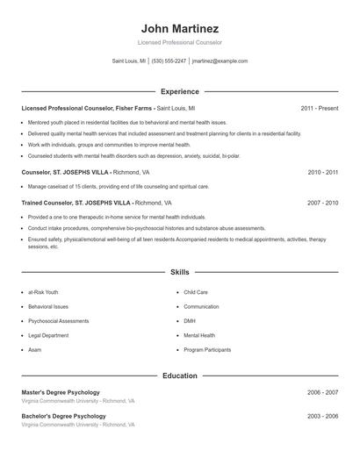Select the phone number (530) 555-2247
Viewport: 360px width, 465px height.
pyautogui.click(x=169, y=61)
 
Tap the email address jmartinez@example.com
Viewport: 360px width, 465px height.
pyautogui.click(x=220, y=61)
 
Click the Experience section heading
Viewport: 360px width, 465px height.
pyautogui.click(x=180, y=91)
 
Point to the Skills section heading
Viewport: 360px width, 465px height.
pyautogui.click(x=180, y=272)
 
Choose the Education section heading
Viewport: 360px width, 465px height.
pyautogui.click(x=180, y=376)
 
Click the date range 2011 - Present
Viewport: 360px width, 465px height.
pyautogui.click(x=319, y=108)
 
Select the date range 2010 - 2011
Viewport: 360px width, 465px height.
pyautogui.click(x=322, y=173)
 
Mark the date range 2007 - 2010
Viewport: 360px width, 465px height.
pyautogui.click(x=322, y=203)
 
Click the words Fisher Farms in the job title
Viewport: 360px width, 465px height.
pyautogui.click(x=134, y=108)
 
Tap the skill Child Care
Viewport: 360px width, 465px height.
pyautogui.click(x=195, y=292)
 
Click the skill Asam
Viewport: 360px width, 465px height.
pyautogui.click(x=35, y=349)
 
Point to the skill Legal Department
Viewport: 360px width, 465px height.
pyautogui.click(x=49, y=335)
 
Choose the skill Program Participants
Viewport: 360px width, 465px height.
pyautogui.click(x=207, y=349)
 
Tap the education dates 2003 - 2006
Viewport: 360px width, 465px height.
pyautogui.click(x=322, y=416)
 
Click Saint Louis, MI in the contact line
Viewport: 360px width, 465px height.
pyautogui.click(x=129, y=61)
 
